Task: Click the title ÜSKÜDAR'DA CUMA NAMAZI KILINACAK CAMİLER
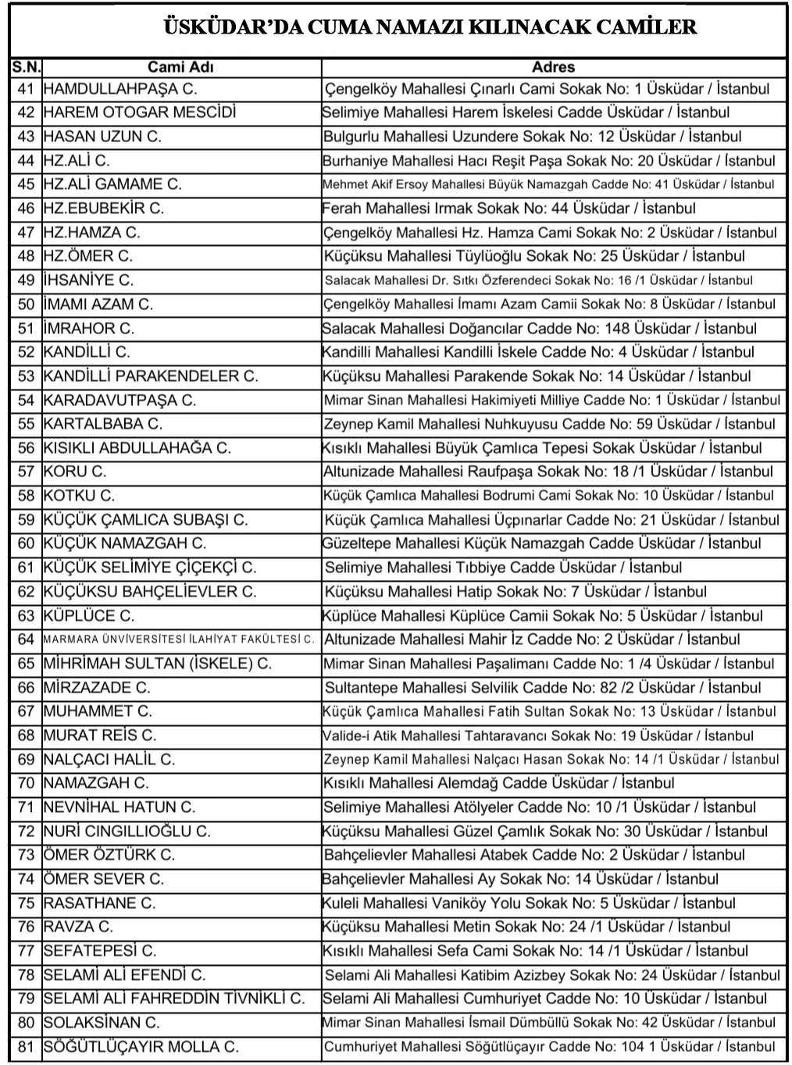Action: (430, 28)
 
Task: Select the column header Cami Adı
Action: (180, 67)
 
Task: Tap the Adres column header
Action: (553, 67)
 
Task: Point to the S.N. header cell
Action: (26, 67)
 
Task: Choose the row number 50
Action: (26, 305)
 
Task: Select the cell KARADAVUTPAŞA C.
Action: (120, 401)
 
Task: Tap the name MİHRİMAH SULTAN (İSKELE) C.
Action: (157, 664)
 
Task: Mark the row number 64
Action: (26, 639)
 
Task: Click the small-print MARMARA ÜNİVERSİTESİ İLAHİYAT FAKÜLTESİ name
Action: (179, 639)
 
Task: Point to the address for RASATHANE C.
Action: (529, 903)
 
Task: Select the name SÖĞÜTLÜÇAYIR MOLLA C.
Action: (141, 1047)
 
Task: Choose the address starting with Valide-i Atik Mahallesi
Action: (538, 736)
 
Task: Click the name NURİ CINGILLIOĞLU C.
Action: (127, 832)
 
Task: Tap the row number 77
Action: (26, 951)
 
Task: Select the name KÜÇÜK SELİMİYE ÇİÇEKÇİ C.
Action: (149, 568)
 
